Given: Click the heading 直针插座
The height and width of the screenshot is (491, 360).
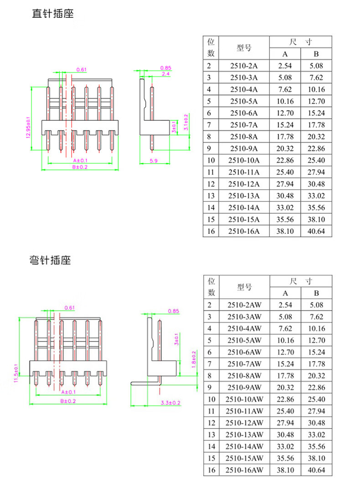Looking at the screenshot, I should pos(52,14).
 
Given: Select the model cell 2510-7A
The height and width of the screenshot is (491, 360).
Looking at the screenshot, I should pos(244,124).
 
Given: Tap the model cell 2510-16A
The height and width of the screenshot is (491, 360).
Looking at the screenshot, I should pos(244,231).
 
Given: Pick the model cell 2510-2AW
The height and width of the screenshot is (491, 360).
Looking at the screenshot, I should pos(244,305).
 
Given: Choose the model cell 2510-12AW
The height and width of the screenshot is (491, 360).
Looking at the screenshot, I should pos(244,423).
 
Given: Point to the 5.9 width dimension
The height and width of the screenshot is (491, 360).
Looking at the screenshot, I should pos(154,160).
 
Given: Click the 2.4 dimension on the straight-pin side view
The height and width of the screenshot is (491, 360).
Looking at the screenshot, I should pos(165,73).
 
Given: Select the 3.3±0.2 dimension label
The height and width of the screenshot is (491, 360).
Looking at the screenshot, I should pos(171,403).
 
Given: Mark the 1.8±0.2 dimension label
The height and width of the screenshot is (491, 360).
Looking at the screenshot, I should pos(194,360).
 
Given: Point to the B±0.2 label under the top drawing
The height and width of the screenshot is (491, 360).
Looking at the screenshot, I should pos(80,167).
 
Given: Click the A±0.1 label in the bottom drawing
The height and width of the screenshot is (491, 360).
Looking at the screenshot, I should pos(68,392).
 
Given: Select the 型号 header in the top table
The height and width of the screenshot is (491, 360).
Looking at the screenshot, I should pos(244,47).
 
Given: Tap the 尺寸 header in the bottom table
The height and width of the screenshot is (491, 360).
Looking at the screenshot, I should pos(300,281).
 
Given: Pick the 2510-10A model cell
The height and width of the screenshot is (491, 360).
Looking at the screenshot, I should pos(244,160).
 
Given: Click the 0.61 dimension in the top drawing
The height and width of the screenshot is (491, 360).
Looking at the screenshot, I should pos(81,69).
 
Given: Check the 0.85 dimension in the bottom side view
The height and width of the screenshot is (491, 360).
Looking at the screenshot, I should pos(173,311).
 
